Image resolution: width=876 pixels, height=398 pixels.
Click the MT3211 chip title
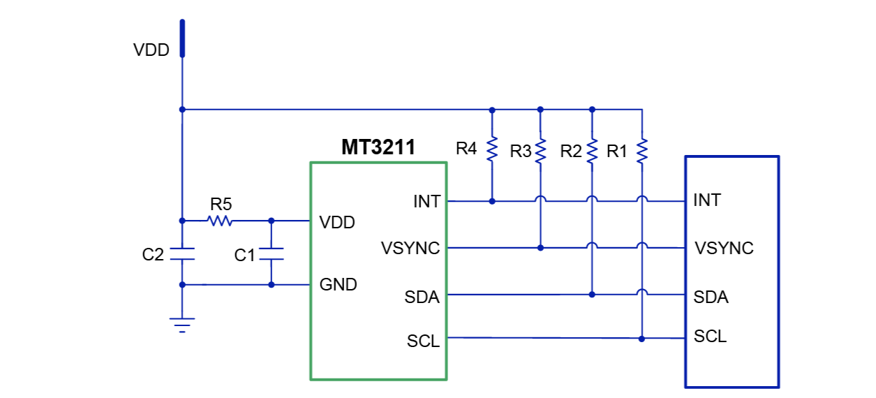click(x=378, y=147)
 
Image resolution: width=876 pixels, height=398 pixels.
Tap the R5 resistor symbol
click(x=220, y=221)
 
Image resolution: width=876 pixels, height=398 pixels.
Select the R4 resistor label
click(x=466, y=149)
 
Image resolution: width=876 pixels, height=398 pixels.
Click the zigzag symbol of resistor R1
click(x=642, y=151)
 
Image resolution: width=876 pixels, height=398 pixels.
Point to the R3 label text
click(x=521, y=152)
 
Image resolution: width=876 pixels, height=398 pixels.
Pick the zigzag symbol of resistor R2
click(x=592, y=151)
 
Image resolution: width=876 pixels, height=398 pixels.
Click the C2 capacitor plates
click(x=182, y=253)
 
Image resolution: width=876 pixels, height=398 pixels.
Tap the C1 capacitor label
click(x=245, y=256)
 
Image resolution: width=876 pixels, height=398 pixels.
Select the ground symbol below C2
click(x=182, y=325)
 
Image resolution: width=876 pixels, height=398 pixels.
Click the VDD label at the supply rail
click(x=151, y=50)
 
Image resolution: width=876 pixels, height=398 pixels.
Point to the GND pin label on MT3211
click(x=339, y=285)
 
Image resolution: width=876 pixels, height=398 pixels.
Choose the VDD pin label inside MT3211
click(x=337, y=223)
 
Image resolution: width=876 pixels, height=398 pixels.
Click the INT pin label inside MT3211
click(x=426, y=202)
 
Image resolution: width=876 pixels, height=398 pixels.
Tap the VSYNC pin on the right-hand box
click(x=724, y=249)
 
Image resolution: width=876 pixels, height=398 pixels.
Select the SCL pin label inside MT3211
click(x=424, y=341)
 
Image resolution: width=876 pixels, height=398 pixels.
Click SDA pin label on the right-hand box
click(x=711, y=297)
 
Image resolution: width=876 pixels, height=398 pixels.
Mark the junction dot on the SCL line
click(x=642, y=339)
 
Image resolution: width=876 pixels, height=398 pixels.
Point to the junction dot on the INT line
click(x=492, y=201)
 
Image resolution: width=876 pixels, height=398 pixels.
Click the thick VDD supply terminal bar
click(x=182, y=38)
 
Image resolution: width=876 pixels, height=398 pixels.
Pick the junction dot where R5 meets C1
click(x=272, y=221)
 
